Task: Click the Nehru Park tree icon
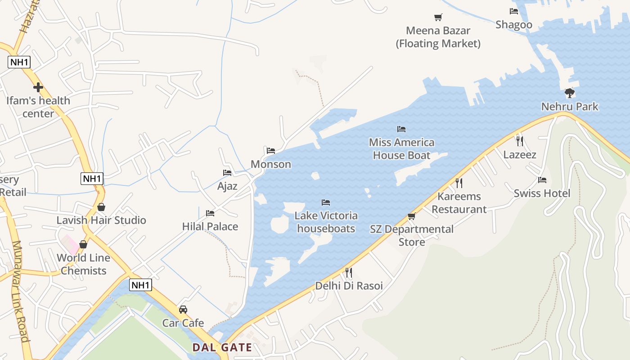(570, 93)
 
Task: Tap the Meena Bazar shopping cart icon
(438, 17)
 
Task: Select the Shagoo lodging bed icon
(513, 11)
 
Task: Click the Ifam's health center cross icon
(38, 87)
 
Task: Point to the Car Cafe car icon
(183, 310)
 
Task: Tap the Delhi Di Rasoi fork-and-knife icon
(348, 272)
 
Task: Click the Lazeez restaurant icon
(520, 141)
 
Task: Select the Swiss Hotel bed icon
(542, 180)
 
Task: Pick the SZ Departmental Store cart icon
(411, 216)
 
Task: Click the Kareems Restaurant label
(459, 203)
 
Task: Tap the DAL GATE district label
(222, 347)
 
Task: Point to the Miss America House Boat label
(401, 149)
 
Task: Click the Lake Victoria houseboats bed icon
(326, 202)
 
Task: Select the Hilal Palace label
(210, 226)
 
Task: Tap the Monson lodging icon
(270, 151)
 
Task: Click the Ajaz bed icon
(227, 173)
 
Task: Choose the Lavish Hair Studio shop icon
(101, 207)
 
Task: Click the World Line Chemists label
(84, 264)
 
